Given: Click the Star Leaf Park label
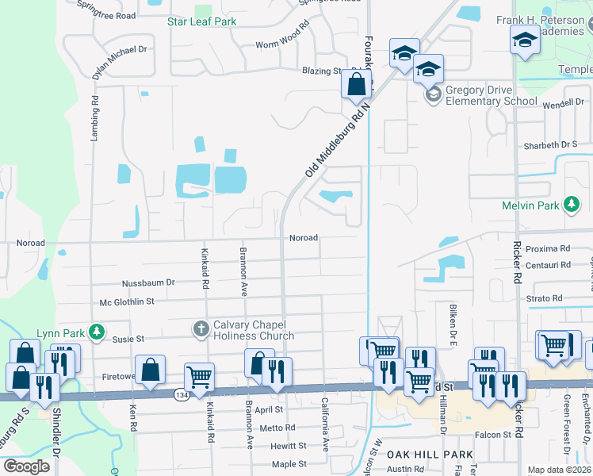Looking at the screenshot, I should tap(201, 21).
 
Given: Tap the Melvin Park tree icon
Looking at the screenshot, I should tap(571, 205).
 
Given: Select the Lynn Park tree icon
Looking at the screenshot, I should tap(96, 331).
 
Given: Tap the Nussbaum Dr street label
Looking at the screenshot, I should tap(147, 282).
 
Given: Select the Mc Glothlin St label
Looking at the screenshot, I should tap(127, 301).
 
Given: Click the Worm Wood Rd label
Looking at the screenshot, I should tap(282, 44).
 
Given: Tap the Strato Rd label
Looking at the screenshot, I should tap(545, 299).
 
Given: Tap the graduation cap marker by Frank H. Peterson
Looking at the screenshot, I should tap(525, 39).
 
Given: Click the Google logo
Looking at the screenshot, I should tap(26, 466).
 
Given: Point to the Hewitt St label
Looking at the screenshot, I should tap(288, 447).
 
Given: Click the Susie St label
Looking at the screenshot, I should tap(127, 339).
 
